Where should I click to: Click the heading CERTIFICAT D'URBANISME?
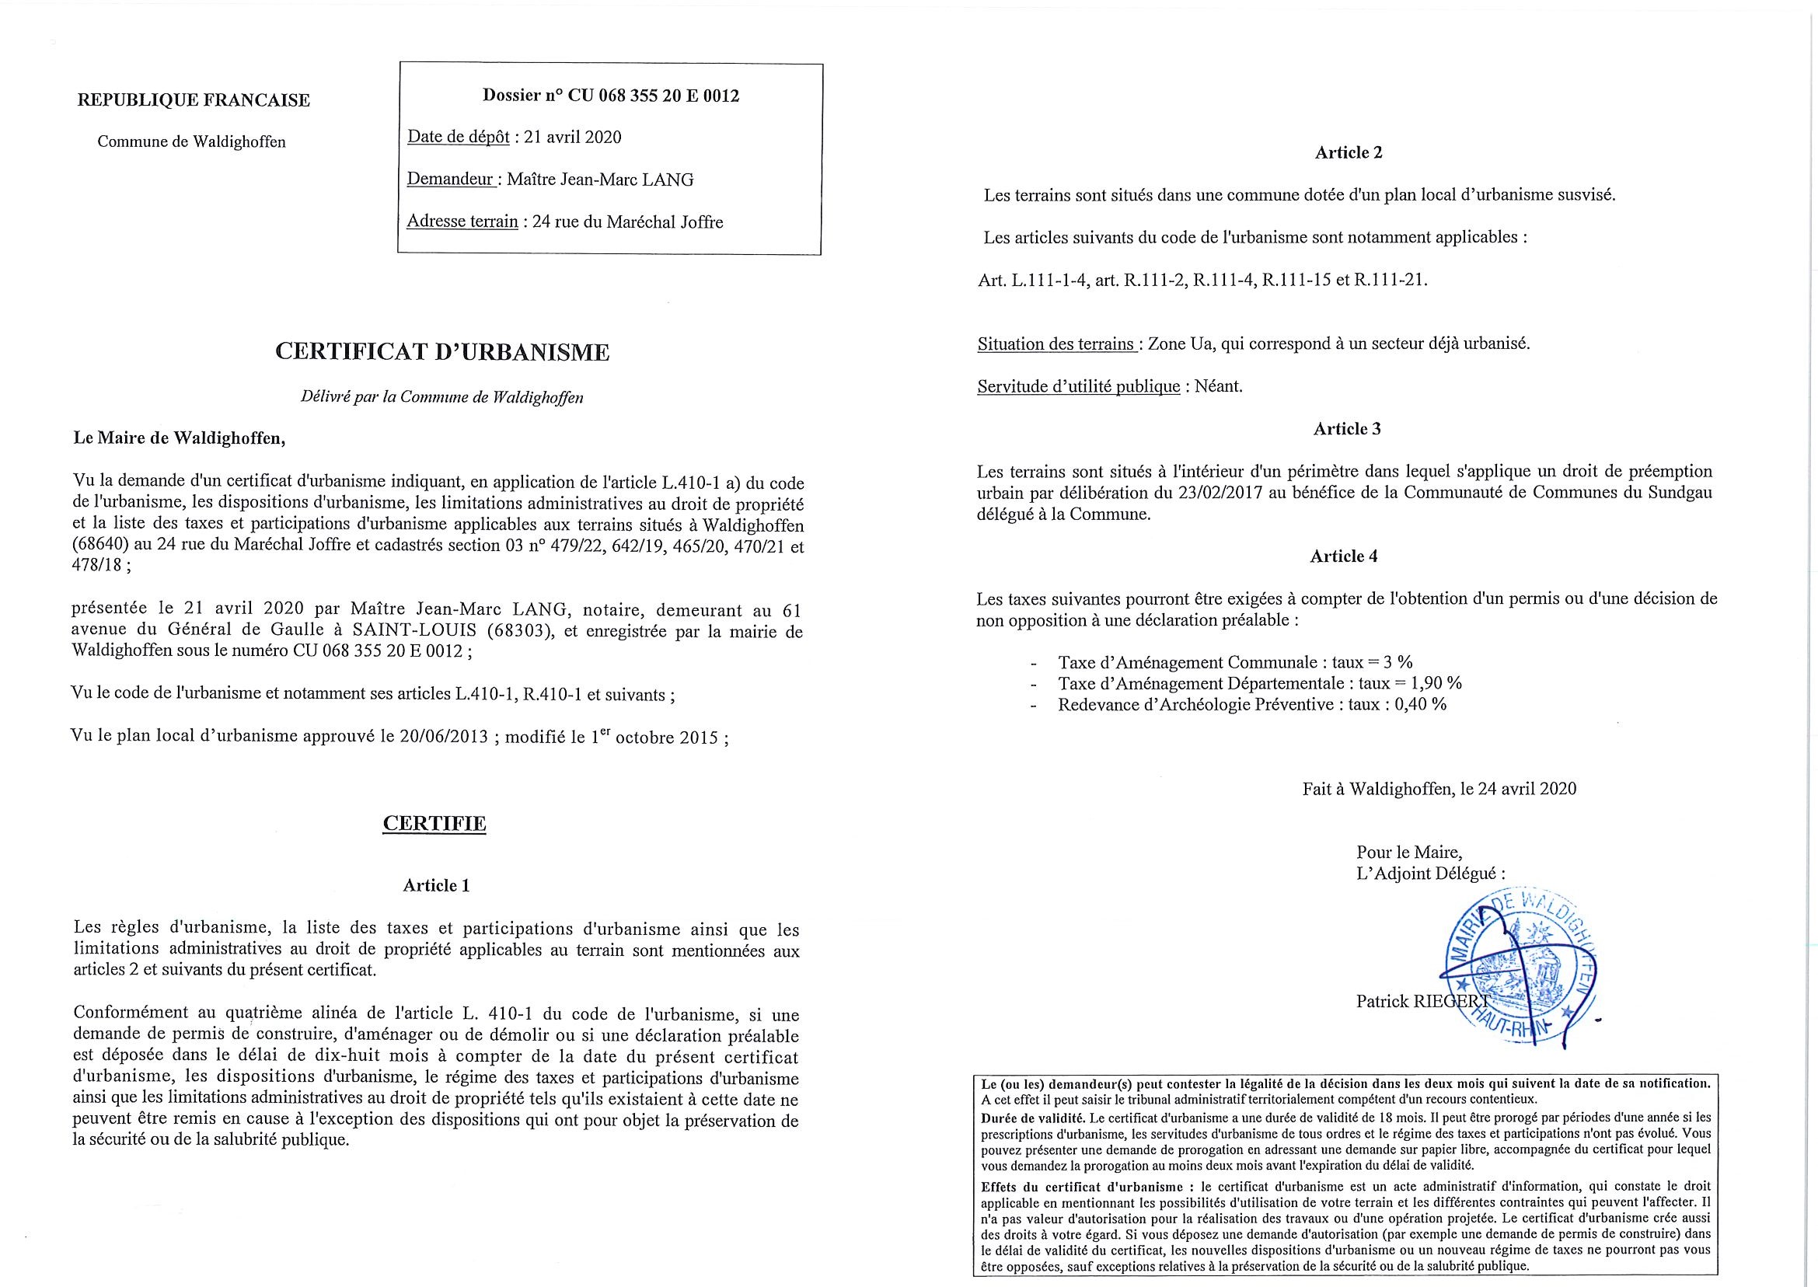point(442,353)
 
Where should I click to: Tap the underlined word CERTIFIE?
point(434,823)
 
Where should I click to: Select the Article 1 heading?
point(436,885)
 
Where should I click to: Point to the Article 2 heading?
point(1348,152)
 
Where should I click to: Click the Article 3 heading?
point(1346,429)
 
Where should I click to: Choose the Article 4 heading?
point(1343,556)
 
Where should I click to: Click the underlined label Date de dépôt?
point(458,137)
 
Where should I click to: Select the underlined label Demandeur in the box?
point(451,179)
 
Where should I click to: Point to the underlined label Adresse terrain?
point(462,222)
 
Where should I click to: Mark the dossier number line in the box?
point(610,96)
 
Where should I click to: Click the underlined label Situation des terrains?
point(1056,345)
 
